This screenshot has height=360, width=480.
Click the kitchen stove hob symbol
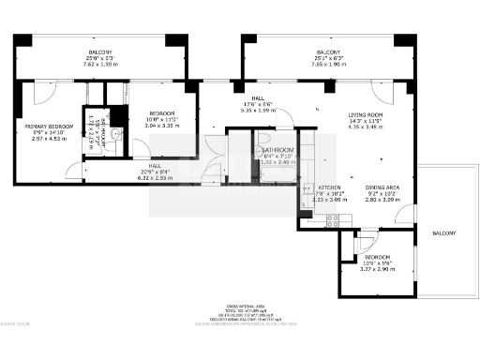point(331,219)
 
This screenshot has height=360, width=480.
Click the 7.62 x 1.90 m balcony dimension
point(100,65)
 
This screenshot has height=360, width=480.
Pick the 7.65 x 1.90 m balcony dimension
point(328,65)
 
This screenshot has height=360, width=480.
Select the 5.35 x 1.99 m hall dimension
point(254,111)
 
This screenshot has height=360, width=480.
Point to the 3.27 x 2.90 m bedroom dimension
point(378,270)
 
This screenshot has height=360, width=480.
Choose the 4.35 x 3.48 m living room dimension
point(366,125)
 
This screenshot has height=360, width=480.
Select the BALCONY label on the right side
point(444,232)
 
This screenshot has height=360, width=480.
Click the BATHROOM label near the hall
point(278,150)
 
